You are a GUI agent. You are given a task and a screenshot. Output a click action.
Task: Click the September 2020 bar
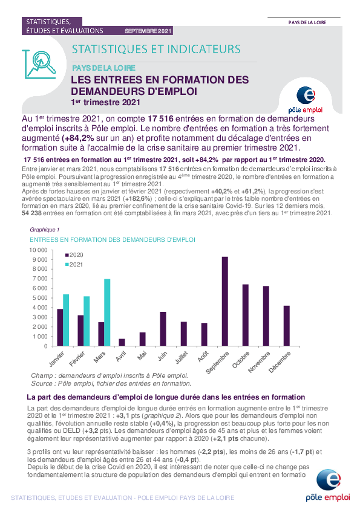click(225, 301)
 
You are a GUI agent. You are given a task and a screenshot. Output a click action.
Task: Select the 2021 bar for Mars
click(107, 313)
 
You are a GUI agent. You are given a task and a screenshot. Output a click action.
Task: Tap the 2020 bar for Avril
click(122, 343)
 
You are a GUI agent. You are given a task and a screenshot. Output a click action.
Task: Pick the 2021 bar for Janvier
click(66, 320)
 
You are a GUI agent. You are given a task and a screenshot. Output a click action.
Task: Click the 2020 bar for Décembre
click(287, 326)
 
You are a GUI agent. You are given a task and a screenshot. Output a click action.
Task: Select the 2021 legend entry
click(74, 265)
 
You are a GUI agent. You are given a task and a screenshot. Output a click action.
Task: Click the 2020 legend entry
click(74, 255)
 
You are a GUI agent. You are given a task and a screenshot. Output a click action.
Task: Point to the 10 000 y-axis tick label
click(38, 250)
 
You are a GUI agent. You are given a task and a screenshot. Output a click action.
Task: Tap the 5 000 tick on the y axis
click(40, 297)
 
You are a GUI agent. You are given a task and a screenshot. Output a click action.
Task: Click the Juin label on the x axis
click(163, 356)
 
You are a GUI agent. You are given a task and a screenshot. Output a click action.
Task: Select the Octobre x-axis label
click(241, 360)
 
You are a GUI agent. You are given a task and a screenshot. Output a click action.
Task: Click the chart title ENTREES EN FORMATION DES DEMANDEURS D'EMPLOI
click(113, 239)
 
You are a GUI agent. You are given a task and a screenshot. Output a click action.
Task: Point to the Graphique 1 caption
click(45, 230)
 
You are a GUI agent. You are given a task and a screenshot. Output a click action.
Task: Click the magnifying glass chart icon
click(39, 64)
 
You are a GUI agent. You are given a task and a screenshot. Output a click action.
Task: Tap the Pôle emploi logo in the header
click(306, 100)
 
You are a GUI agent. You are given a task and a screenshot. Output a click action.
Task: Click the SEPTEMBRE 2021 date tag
click(148, 31)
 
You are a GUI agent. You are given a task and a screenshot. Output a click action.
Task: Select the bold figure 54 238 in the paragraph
click(31, 213)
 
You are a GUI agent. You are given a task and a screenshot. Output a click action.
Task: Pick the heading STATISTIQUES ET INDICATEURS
click(156, 49)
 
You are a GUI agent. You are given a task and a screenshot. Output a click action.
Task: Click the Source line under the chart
click(111, 383)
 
